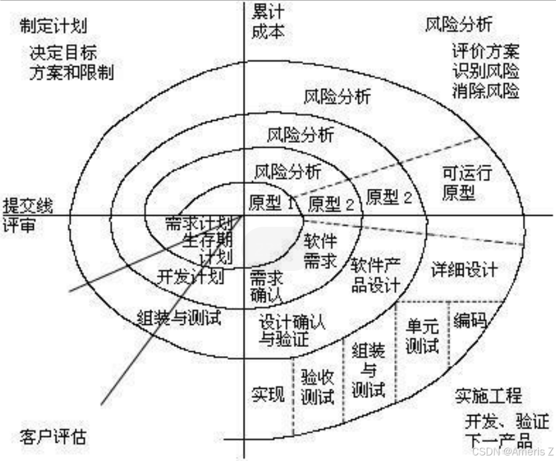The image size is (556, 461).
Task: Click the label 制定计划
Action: point(53,26)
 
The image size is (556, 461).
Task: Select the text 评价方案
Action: point(486,51)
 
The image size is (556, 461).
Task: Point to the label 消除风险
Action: point(486,91)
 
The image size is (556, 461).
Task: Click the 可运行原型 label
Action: point(467,183)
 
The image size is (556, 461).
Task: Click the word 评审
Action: point(18,225)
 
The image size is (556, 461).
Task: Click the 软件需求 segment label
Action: point(320,251)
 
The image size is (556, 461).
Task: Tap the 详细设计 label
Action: point(464,269)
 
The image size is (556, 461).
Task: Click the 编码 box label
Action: point(470,321)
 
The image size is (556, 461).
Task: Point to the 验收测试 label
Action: point(317,387)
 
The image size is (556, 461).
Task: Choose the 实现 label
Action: point(268,394)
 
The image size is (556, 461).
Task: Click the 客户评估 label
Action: point(53,436)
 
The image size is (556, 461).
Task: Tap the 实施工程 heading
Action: point(488,396)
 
